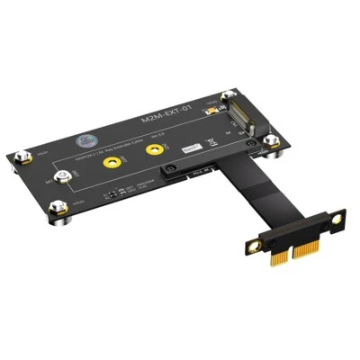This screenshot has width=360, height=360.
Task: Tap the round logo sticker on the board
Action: tap(88, 141)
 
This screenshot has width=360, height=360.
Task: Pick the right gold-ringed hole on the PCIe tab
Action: tap(333, 220)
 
